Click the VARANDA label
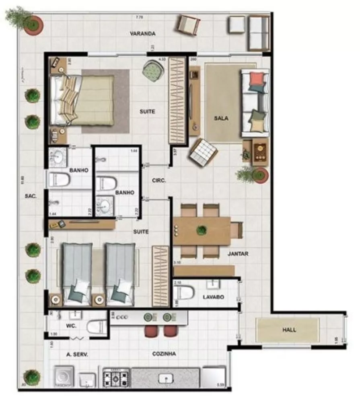143,34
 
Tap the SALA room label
221,118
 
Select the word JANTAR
238,254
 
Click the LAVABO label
213,297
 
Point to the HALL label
289,330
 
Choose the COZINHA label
165,354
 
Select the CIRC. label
159,181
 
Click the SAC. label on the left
31,196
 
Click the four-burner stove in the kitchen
116,378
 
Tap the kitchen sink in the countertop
165,378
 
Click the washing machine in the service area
64,377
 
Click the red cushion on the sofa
257,78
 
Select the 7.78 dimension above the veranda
139,17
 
